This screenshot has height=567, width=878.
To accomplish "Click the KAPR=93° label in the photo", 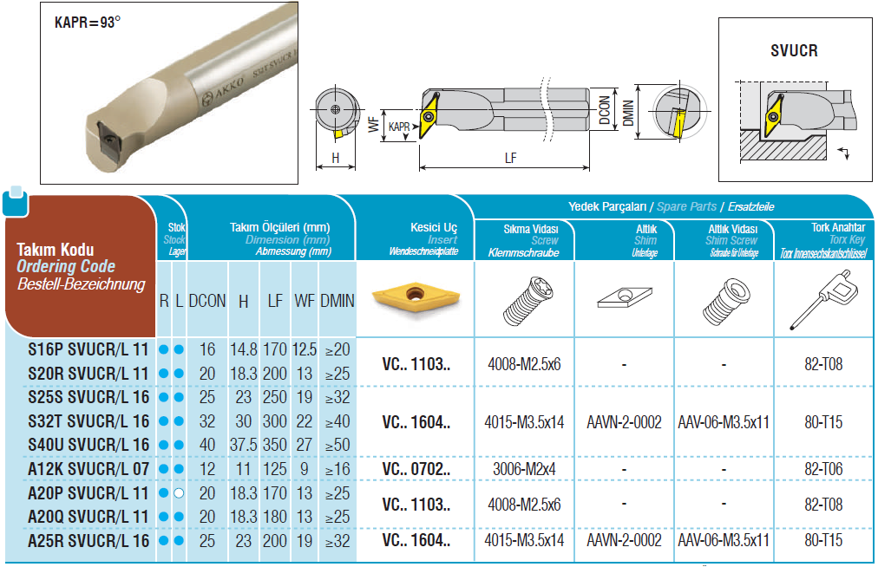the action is coord(88,23).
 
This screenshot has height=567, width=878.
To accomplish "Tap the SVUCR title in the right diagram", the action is coord(794,51).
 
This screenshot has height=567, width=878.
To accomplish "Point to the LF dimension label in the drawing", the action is coord(511,159).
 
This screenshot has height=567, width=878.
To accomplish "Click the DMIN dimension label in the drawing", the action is coord(629,113).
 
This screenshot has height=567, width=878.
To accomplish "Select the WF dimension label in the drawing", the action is coord(373,124).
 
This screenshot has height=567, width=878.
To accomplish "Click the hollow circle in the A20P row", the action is coord(179,493).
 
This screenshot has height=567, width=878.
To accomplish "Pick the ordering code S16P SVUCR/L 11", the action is coord(88,350).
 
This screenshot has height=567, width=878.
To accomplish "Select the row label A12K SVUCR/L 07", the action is coord(88,469).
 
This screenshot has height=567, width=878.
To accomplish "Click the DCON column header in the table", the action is coord(207,301).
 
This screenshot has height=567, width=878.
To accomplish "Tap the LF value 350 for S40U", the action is coord(275,445).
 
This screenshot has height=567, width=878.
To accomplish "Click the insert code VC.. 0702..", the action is coord(416,469).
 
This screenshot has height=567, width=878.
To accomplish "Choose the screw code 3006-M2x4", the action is coord(524,469).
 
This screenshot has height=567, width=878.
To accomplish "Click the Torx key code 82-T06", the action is coord(823,469).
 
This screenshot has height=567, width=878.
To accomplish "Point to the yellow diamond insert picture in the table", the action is coord(416,297).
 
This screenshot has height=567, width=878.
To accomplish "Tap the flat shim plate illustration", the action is coord(625,297).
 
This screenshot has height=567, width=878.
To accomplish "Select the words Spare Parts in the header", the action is coord(686,206).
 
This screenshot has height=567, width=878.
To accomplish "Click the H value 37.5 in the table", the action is coord(243,445).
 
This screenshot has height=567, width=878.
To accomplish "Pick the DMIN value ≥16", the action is coord(337,469).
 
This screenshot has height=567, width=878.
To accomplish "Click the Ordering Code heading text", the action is coord(66,266).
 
